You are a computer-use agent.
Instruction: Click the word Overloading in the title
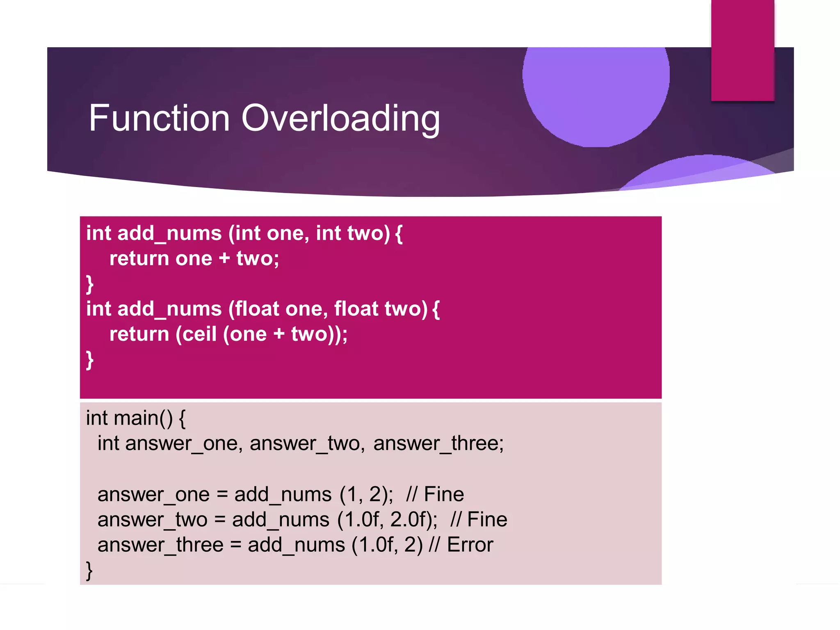click(x=340, y=119)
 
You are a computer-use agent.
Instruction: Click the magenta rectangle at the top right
click(x=742, y=49)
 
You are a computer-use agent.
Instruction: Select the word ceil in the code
click(x=199, y=334)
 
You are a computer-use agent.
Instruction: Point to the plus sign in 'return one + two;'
click(x=224, y=258)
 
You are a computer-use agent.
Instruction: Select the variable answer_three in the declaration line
click(x=438, y=443)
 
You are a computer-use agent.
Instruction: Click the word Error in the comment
click(x=470, y=545)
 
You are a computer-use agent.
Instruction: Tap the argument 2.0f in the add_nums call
click(x=413, y=520)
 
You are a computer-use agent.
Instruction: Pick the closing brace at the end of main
click(x=89, y=570)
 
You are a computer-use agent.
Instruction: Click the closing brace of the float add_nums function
click(x=90, y=360)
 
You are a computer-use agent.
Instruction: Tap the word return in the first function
click(x=139, y=258)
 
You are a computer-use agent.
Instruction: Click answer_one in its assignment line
click(x=153, y=494)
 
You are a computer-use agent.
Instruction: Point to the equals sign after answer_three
click(x=235, y=545)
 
